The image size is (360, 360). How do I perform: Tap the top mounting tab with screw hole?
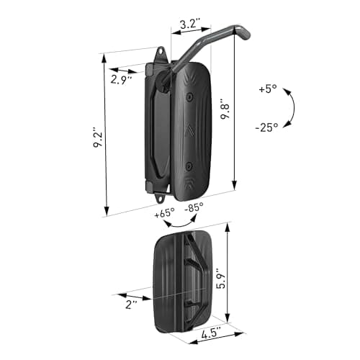coord(161,55)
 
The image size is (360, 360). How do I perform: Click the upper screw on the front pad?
coord(189,96)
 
